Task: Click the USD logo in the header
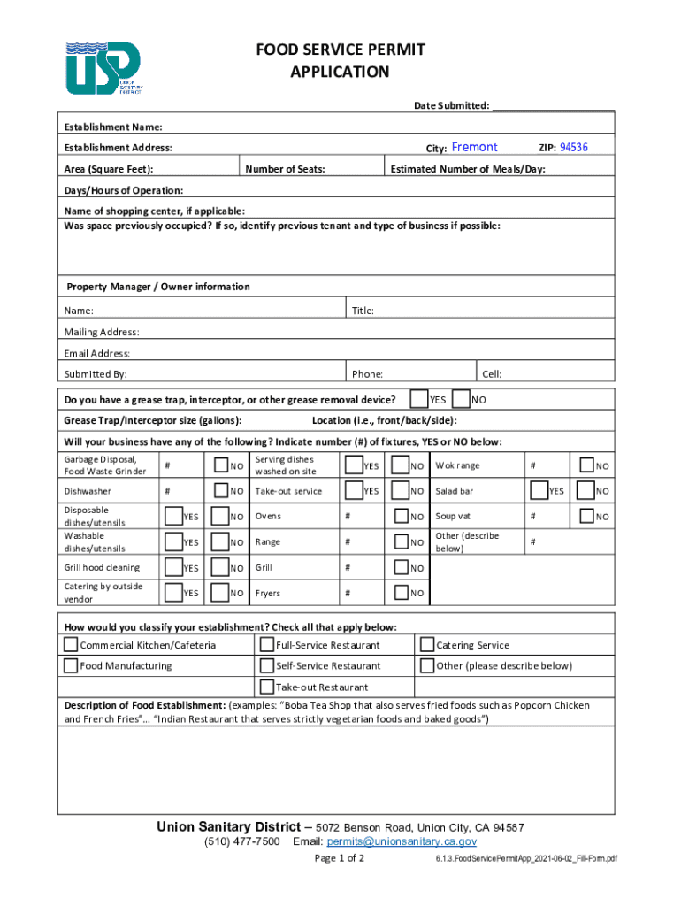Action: point(103,68)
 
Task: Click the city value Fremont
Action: point(475,148)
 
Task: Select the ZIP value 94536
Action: point(574,148)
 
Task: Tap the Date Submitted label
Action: point(452,106)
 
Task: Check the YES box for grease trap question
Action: point(421,400)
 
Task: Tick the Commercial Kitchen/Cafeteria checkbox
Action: point(71,645)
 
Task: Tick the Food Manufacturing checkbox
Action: point(71,666)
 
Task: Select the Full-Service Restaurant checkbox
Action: point(266,645)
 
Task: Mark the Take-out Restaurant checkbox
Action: point(266,687)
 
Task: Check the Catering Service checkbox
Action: point(426,645)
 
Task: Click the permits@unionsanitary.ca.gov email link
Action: point(402,841)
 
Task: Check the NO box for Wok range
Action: point(585,465)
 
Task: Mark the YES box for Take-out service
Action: point(353,490)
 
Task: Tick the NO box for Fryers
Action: point(401,593)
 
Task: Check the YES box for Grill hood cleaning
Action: point(172,567)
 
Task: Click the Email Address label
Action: point(97,353)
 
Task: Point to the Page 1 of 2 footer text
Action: point(340,859)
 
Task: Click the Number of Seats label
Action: point(285,169)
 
